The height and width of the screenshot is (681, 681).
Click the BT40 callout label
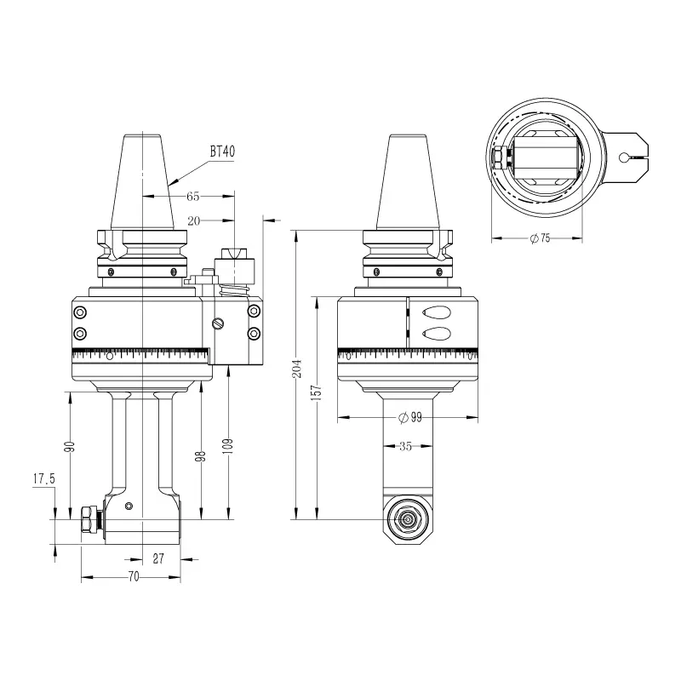click(x=222, y=152)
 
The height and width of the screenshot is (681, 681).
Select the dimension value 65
click(x=193, y=197)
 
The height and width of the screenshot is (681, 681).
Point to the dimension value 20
click(x=194, y=221)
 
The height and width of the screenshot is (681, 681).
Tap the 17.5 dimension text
click(x=44, y=479)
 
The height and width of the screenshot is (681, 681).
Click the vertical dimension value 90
click(x=70, y=446)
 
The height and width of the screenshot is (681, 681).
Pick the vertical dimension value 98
click(x=201, y=456)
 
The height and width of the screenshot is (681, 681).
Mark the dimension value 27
click(x=158, y=558)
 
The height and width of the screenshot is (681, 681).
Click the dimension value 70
click(x=134, y=576)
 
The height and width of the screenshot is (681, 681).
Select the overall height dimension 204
click(x=297, y=369)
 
